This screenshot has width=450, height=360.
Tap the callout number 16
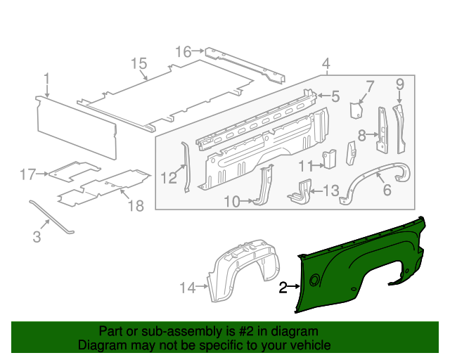[183, 51]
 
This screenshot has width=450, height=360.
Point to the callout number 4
[326, 65]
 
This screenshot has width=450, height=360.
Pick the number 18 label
[135, 205]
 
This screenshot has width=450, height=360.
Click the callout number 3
[37, 238]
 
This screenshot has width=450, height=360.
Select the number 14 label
[186, 287]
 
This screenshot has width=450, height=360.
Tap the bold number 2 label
[283, 287]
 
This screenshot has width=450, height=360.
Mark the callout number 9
[399, 85]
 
